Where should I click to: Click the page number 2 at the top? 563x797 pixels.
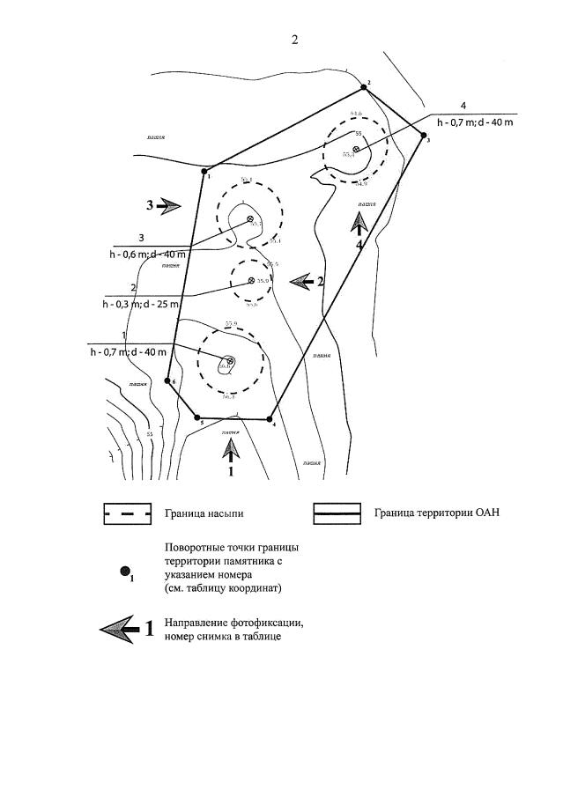(x=295, y=40)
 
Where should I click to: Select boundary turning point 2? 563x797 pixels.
(x=362, y=88)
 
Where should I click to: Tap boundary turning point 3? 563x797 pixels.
(x=424, y=135)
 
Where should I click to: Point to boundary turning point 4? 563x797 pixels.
(x=272, y=420)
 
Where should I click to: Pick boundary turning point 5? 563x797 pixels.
(x=197, y=418)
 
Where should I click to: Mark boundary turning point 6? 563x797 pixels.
(x=168, y=381)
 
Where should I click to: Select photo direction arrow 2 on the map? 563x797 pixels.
(x=305, y=281)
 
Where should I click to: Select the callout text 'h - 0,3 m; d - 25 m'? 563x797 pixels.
(x=142, y=304)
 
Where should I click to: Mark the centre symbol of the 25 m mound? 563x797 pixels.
(x=252, y=281)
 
